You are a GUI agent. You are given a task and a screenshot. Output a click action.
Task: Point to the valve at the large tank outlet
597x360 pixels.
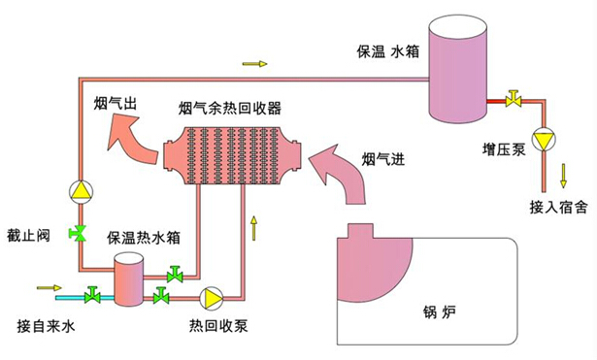(513, 99)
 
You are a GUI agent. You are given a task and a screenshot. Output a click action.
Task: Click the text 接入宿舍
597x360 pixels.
(558, 207)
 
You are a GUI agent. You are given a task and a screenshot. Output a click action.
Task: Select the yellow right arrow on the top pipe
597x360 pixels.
(253, 64)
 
